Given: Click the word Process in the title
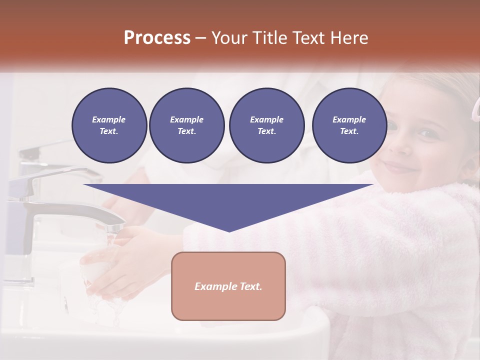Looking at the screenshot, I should (x=157, y=38).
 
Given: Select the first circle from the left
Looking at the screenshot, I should (x=109, y=125).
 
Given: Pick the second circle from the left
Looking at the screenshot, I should (x=186, y=125).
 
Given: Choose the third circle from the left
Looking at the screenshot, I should (x=266, y=125).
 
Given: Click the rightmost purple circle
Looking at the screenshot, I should (x=349, y=125).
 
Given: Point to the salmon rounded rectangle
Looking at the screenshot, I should (x=228, y=286).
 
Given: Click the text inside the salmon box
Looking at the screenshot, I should (x=228, y=286).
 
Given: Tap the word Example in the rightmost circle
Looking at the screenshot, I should (x=349, y=119).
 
